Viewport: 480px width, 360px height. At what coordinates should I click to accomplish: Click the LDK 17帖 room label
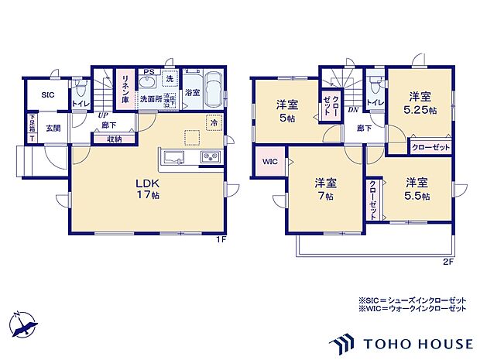147,188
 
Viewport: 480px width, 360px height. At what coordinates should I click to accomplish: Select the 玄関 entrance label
53,128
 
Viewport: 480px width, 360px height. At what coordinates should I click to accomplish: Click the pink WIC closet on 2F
269,161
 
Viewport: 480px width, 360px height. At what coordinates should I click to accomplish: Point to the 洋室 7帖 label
325,189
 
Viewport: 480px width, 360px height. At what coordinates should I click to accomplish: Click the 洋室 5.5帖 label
417,188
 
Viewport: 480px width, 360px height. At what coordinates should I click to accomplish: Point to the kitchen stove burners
211,158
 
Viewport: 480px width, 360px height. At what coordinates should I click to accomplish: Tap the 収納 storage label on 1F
115,139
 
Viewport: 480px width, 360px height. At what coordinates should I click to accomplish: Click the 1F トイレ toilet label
79,103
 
